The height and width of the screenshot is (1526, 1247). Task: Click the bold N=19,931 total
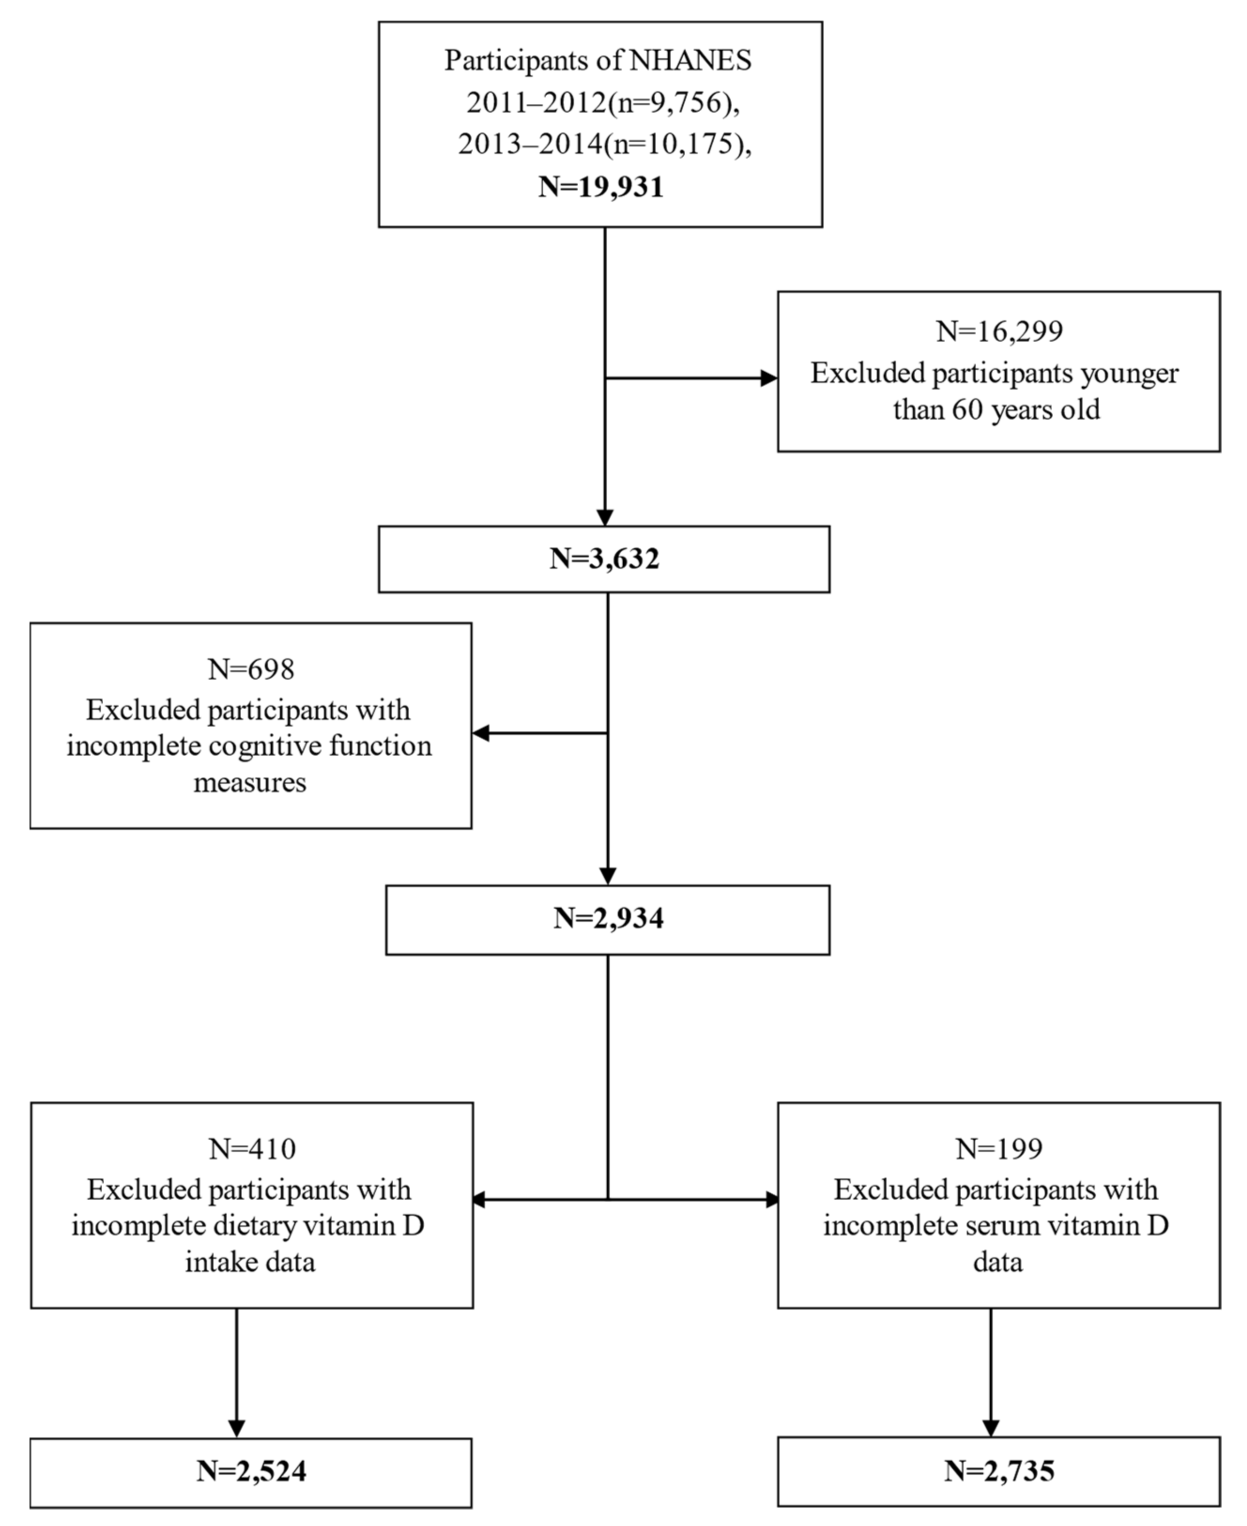(601, 187)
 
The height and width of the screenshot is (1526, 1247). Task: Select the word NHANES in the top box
(690, 61)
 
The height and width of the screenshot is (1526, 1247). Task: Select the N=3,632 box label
(604, 559)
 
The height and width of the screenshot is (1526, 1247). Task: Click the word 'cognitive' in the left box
(265, 746)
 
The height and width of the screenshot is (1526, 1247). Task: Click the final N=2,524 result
(252, 1472)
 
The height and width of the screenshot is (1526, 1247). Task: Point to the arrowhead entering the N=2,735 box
(991, 1428)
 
